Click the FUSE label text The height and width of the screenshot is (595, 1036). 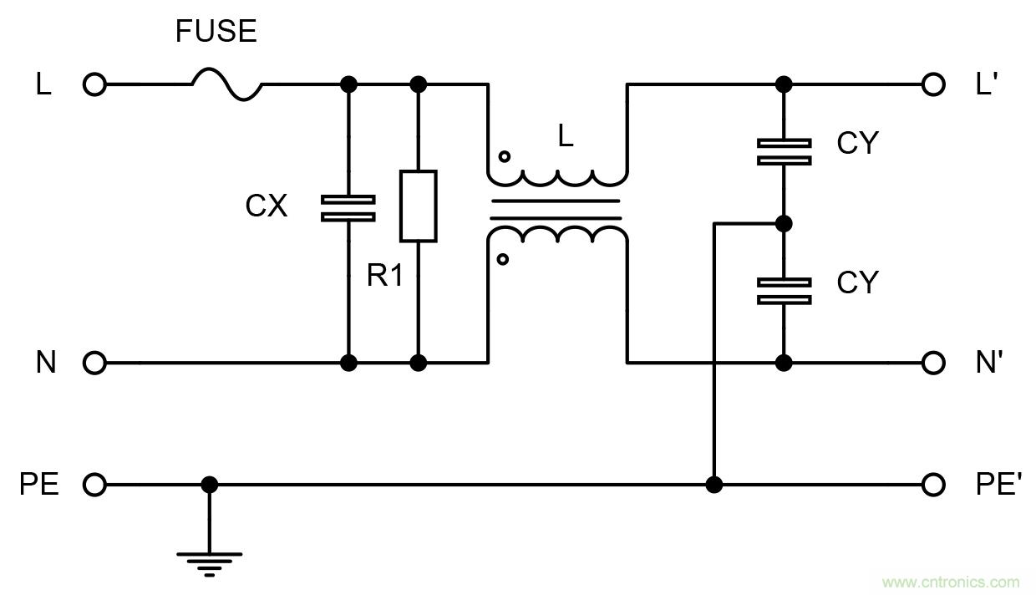point(216,32)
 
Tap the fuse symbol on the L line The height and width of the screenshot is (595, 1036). point(227,84)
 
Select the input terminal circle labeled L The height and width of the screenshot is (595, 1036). point(95,84)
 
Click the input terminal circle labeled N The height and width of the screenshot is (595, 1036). point(95,363)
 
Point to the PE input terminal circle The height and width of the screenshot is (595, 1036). point(95,485)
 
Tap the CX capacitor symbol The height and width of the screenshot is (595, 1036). point(348,208)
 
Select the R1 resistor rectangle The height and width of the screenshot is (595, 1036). point(418,206)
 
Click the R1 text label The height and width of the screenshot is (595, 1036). point(385,275)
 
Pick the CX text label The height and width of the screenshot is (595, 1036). point(267,206)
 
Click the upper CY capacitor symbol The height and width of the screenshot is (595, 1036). point(784,152)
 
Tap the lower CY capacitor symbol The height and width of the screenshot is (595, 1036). point(784,291)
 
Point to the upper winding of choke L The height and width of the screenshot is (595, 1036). point(558,176)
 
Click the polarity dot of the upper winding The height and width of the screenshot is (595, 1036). point(503,156)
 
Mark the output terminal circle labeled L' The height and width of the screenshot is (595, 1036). point(934,84)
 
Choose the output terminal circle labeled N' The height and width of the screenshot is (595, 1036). point(934,363)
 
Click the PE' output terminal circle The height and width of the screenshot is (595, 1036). point(934,485)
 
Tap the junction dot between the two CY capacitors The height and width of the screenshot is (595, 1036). point(784,223)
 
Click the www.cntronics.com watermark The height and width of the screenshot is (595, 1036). point(951,582)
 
